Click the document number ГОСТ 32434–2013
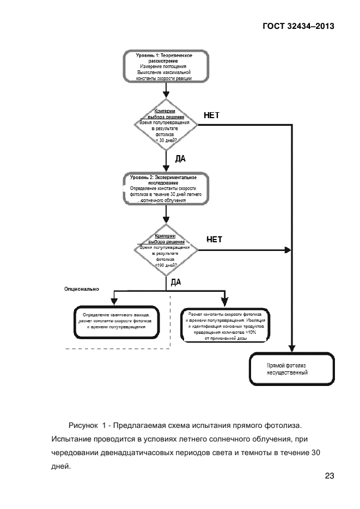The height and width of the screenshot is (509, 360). [x=298, y=26]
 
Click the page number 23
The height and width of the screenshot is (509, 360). [x=329, y=476]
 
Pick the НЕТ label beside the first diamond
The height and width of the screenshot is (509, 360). [x=211, y=115]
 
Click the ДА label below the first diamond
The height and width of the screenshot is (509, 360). [x=180, y=159]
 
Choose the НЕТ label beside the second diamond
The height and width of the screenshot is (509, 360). [x=215, y=239]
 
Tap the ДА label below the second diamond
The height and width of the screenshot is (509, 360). [x=176, y=282]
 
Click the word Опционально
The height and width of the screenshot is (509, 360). [x=82, y=290]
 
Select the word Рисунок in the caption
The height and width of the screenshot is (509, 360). [x=83, y=424]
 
